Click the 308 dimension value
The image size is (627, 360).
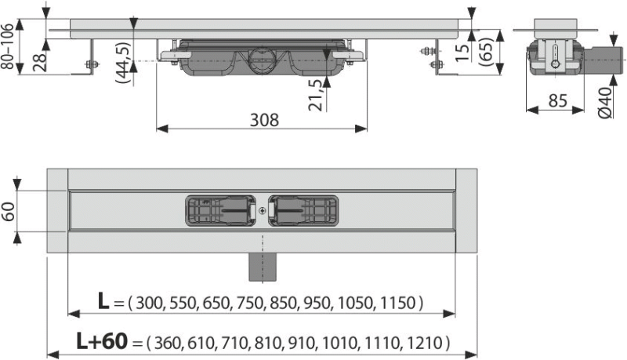point(264,119)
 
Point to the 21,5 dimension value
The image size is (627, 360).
point(316,95)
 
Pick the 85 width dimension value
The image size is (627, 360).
point(557,100)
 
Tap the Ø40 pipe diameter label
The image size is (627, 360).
point(605,103)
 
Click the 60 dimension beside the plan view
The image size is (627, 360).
point(8,212)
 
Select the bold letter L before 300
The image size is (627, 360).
point(103,301)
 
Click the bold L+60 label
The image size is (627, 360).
point(103,342)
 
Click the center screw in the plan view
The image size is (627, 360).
point(262,210)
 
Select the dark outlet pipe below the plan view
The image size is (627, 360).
point(262,267)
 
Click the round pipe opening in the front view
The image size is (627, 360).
point(261,59)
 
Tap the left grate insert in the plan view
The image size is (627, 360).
point(221,210)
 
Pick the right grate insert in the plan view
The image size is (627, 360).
point(303,210)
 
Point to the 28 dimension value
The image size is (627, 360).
point(40,61)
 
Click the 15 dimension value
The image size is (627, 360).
point(462,52)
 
